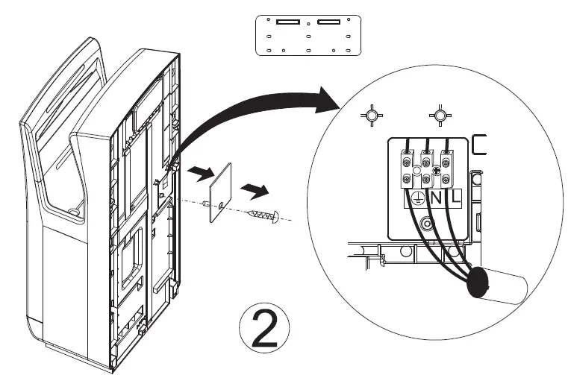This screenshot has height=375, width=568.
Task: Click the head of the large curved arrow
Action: pos(328,99)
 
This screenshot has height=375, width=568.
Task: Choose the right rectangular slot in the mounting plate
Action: pos(328,22)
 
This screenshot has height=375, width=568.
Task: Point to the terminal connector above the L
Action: pos(446,168)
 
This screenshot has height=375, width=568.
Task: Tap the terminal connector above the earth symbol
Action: pos(408,168)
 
